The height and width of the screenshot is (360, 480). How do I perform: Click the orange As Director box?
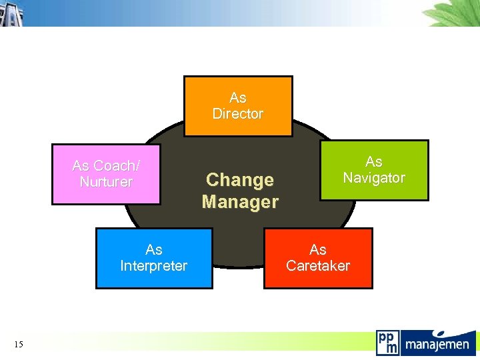click(238, 106)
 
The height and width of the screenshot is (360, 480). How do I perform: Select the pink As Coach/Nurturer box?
click(106, 174)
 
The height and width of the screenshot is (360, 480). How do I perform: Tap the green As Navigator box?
click(374, 170)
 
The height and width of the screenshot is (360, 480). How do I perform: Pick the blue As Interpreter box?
click(154, 258)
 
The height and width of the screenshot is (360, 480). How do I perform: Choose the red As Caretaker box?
click(318, 258)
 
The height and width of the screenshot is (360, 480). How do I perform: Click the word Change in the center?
click(240, 180)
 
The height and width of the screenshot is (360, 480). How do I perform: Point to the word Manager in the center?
click(240, 201)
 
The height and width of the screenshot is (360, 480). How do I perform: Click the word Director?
click(238, 114)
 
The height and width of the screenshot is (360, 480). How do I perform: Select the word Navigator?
click(374, 178)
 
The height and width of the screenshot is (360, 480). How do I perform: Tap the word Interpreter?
click(154, 266)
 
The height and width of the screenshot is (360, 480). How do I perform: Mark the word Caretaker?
click(318, 266)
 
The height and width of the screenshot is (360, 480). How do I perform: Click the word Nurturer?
click(106, 182)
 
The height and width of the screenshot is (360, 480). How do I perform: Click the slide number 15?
click(18, 344)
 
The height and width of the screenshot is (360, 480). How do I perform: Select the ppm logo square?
click(387, 343)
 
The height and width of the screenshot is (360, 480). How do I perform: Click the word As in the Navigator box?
click(374, 162)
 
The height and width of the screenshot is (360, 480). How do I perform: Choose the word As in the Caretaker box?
click(318, 250)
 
